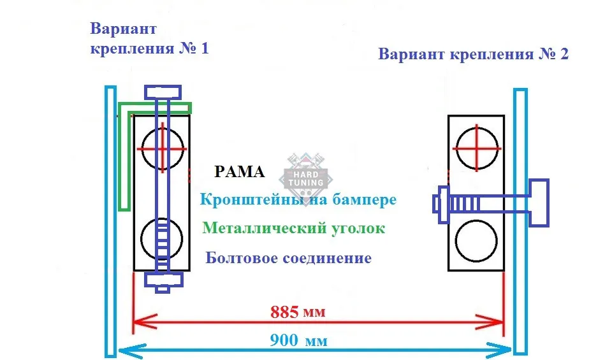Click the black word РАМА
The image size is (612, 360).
[240, 172]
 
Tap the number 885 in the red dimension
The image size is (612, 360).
[284, 312]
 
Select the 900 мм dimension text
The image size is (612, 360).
[298, 340]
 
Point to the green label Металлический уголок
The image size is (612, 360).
[294, 227]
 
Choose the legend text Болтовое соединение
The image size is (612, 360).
[288, 258]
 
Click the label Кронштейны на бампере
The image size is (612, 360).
[298, 199]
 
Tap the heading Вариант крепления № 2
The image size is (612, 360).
[474, 54]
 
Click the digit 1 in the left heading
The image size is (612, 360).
[205, 48]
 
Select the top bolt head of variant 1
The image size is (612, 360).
[163, 92]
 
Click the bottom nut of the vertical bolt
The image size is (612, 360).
[164, 280]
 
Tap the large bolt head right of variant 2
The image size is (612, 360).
[539, 203]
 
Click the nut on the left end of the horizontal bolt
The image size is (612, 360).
[444, 205]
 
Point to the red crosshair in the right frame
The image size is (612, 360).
[477, 148]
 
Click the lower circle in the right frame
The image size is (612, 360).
[476, 241]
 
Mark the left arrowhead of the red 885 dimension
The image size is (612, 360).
[145, 322]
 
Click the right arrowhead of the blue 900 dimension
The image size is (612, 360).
[500, 350]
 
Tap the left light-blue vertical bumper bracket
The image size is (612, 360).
[111, 221]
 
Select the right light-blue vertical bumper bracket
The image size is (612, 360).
[520, 222]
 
